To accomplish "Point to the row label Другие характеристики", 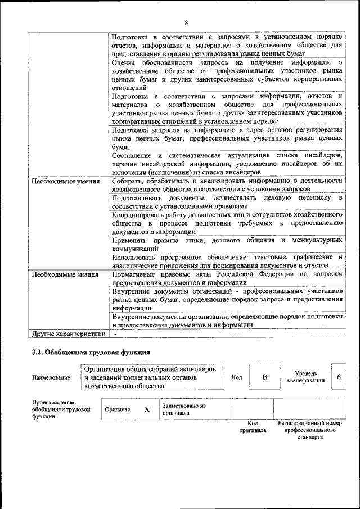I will (x=68, y=334).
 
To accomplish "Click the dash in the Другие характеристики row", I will (x=115, y=334).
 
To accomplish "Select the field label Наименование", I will (x=51, y=377).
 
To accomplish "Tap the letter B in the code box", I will (x=264, y=377).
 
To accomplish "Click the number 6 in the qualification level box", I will (x=339, y=377).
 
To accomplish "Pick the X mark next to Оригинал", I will (x=146, y=409).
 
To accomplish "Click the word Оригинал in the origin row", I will (x=117, y=409).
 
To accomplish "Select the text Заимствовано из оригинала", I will (x=184, y=409).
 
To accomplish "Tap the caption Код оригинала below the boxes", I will (x=253, y=426).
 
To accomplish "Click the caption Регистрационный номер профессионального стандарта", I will (x=310, y=430).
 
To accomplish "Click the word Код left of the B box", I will (x=237, y=377).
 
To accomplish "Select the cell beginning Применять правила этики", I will (x=227, y=244).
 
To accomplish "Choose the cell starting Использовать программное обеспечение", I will (x=227, y=261).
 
